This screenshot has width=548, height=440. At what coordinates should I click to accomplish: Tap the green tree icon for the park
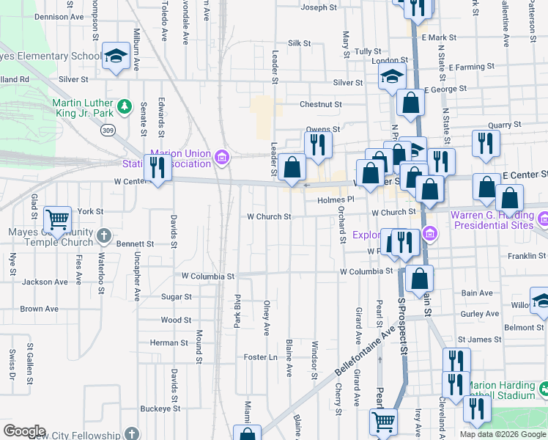click(x=125, y=108)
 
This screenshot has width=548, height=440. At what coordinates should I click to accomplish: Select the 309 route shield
click(x=108, y=131)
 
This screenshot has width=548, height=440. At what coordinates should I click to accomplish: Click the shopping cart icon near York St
click(x=57, y=218)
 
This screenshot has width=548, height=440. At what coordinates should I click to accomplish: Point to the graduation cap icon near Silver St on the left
click(x=116, y=56)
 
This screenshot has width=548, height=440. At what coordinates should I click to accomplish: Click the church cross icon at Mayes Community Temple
click(x=104, y=236)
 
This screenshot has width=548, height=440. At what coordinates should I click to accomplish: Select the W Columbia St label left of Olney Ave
click(x=210, y=276)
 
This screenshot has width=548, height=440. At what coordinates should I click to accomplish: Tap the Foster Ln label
click(x=262, y=357)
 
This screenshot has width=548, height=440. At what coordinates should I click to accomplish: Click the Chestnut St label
click(x=320, y=105)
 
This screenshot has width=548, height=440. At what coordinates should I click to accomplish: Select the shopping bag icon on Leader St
click(x=292, y=166)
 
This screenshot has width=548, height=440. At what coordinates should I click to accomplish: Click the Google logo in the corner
click(x=24, y=431)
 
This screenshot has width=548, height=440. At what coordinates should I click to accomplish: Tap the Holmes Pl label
click(x=336, y=199)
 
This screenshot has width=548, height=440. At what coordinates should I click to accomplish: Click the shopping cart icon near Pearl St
click(x=383, y=421)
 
